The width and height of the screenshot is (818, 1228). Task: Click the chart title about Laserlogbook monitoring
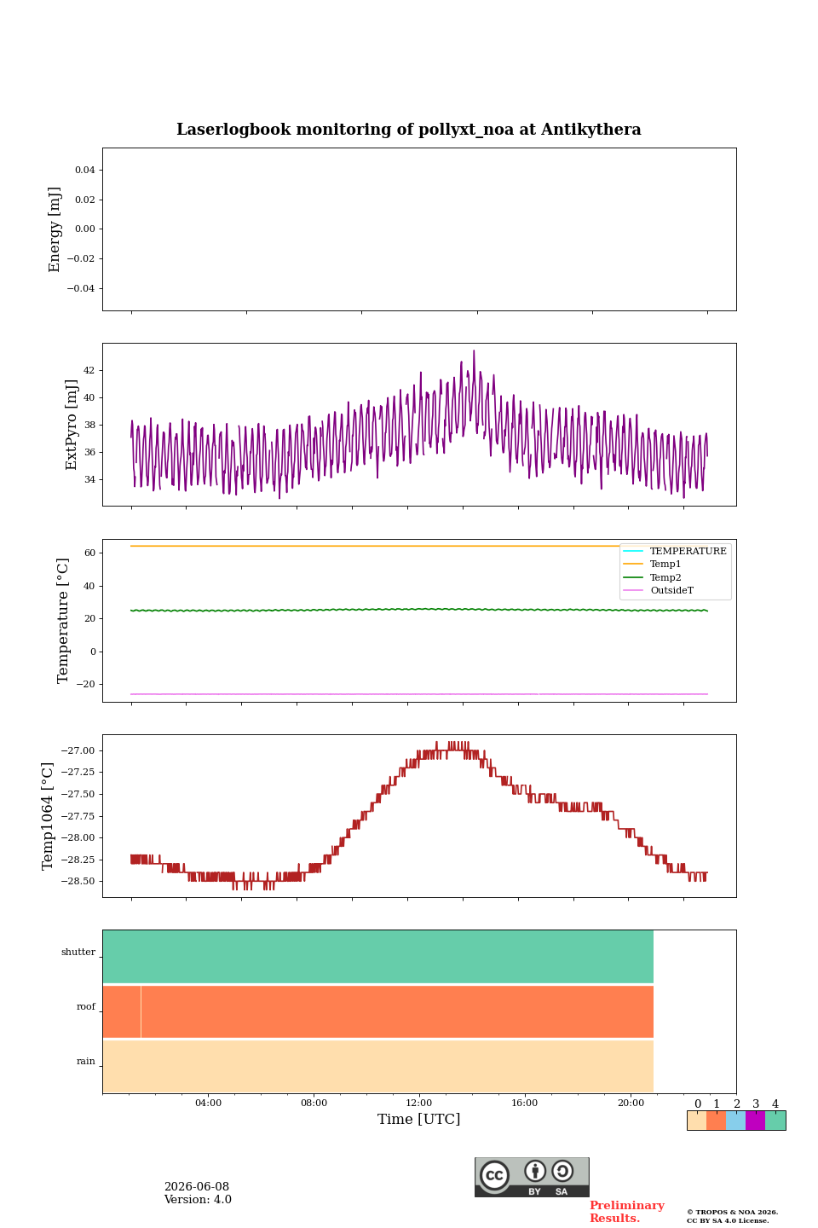[408, 130]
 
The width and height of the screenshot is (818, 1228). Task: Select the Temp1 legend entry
[665, 564]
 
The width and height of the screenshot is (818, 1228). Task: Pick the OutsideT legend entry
[671, 590]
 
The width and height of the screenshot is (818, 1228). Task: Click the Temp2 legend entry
[665, 576]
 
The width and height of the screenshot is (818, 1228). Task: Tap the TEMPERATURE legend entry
[688, 550]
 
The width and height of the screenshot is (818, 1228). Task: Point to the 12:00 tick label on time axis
[418, 1103]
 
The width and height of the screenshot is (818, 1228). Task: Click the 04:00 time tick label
[208, 1103]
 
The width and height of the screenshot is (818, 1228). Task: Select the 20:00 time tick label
[631, 1103]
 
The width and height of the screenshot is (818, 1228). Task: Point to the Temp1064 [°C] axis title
[48, 816]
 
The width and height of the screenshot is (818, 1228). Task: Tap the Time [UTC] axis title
[418, 1119]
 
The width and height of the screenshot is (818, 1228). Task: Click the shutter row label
[78, 952]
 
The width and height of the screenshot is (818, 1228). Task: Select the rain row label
[85, 1061]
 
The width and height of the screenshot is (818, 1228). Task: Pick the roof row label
[85, 1006]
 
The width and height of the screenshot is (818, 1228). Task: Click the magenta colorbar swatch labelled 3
[756, 1121]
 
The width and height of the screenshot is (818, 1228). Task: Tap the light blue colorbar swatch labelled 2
[736, 1121]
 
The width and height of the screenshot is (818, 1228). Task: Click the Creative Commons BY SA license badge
[532, 1177]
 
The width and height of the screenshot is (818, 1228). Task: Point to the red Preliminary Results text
[627, 1212]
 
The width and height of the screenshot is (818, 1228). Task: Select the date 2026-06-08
[197, 1186]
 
